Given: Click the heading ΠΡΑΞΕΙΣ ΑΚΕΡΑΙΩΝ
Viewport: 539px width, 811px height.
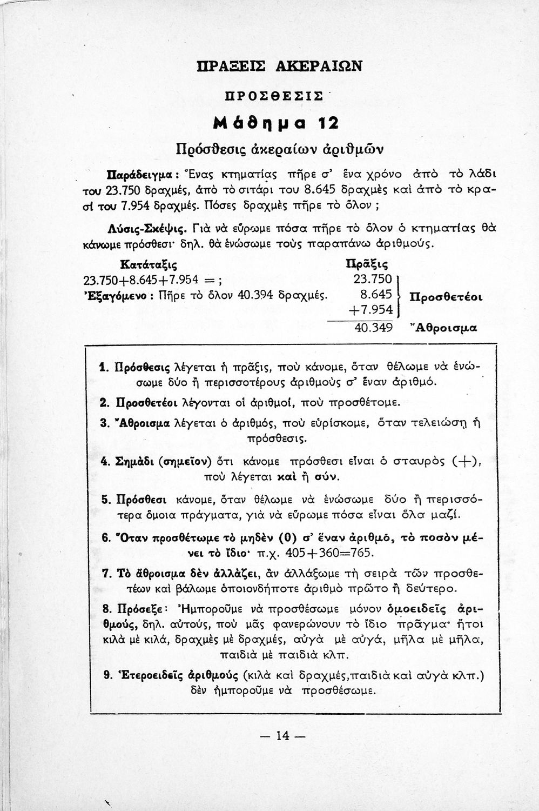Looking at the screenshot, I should coord(272,65).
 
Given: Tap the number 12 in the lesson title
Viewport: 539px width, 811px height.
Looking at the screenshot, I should coord(327,123).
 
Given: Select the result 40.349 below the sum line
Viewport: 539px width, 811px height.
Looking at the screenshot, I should coord(374,328).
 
